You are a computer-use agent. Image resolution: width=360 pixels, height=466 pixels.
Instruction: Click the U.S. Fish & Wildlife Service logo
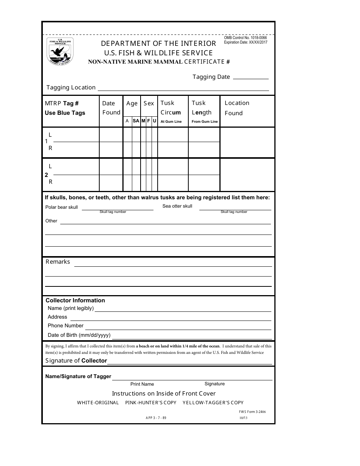pos(60,51)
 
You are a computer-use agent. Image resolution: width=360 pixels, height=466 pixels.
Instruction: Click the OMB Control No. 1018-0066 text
pos(245,38)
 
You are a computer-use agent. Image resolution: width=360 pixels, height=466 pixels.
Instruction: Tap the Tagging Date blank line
pos(250,78)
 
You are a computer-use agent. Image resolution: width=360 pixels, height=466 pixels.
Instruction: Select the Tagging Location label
pos(71,88)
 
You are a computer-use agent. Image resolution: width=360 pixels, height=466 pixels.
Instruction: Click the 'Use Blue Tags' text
pos(65,113)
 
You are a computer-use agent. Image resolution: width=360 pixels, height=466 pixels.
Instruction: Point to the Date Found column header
pos(111,108)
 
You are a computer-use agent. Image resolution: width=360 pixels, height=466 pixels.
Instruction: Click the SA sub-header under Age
pos(136,121)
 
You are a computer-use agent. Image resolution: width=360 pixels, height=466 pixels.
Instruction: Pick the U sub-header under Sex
pos(154,121)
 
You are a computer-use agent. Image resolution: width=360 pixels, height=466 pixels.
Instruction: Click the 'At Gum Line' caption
pos(171,122)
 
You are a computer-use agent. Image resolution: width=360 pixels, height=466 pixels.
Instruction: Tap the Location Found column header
pos(237,108)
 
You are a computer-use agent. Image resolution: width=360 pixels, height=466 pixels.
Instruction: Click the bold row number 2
pos(47,175)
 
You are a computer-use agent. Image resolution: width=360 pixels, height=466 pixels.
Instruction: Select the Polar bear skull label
pos(61,207)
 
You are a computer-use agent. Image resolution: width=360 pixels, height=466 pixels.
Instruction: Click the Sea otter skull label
pos(177,206)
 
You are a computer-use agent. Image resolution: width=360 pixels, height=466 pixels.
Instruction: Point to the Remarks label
pos(58,262)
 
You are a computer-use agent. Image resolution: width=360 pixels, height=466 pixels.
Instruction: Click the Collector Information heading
pos(75,300)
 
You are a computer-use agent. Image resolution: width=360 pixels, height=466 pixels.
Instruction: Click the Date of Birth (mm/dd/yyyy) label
pos(79,335)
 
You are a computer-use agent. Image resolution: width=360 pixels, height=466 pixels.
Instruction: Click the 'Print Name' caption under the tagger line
pos(142,384)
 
